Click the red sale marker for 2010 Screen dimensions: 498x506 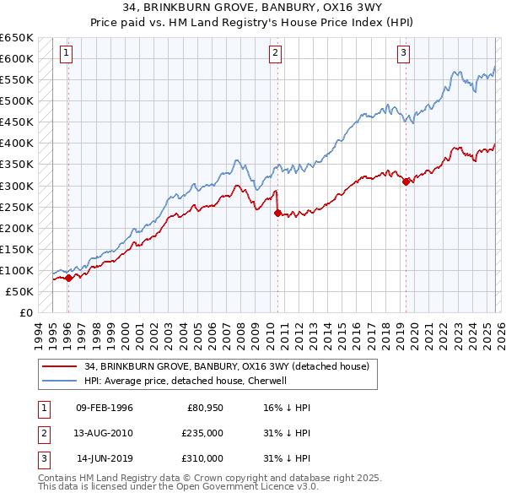(277, 214)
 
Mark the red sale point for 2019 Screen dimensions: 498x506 (406, 181)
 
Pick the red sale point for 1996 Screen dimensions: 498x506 (68, 279)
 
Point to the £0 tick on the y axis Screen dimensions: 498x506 (25, 312)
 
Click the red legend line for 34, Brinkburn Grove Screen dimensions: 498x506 (61, 367)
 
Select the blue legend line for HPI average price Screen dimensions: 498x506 (61, 381)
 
